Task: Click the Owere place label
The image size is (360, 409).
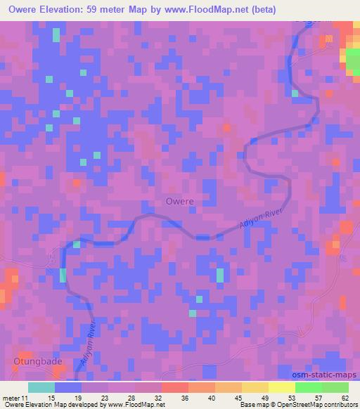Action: click(x=179, y=201)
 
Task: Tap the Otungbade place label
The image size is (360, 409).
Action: click(x=33, y=362)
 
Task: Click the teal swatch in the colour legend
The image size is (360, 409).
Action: click(x=41, y=387)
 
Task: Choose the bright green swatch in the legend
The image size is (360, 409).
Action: click(x=308, y=387)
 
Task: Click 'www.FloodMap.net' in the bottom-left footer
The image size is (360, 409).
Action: click(x=136, y=405)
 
